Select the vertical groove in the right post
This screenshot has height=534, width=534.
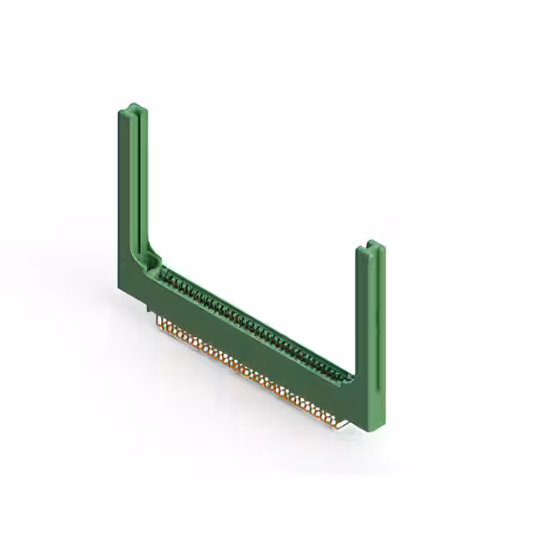[x=371, y=325]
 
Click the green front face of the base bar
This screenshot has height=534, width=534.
[x=250, y=342]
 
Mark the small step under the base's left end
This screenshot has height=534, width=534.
[x=150, y=310]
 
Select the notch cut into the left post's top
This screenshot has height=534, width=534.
[x=135, y=108]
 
